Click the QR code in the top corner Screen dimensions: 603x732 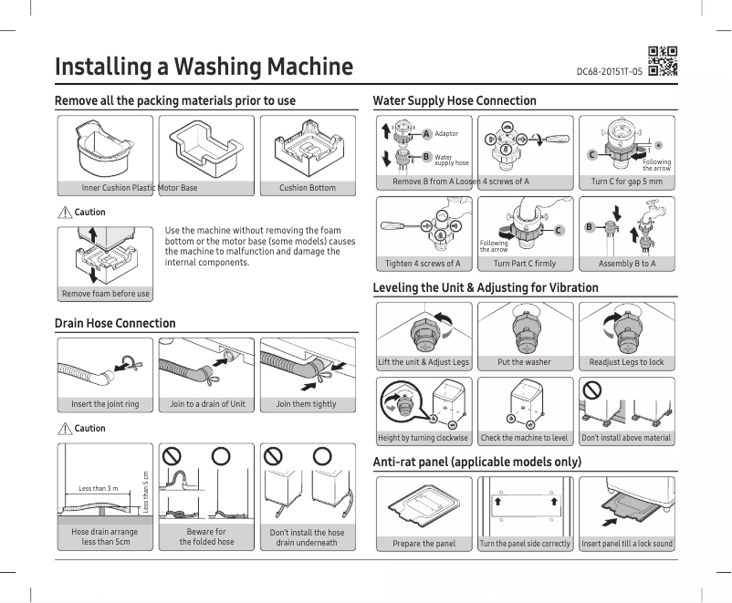[662, 60]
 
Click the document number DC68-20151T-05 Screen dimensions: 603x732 [609, 71]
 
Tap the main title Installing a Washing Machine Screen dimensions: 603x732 [204, 67]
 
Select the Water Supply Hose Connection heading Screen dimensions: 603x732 [455, 100]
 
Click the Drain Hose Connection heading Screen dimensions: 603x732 [115, 323]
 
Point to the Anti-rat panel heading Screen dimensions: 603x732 [477, 462]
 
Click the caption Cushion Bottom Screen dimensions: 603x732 [308, 188]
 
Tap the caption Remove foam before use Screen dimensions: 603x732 [106, 294]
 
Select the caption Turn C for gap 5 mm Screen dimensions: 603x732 [627, 182]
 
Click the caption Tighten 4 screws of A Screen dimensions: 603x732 [423, 264]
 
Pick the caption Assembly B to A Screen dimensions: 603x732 [627, 264]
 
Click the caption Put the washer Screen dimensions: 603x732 [524, 362]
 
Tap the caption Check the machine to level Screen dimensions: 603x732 [524, 438]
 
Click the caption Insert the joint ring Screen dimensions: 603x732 [105, 404]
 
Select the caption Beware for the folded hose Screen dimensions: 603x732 [205, 536]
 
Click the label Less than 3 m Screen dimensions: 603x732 [98, 489]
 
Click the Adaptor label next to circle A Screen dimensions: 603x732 [446, 134]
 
